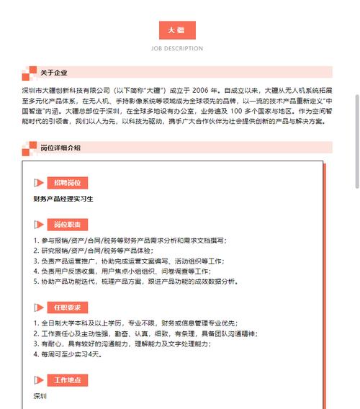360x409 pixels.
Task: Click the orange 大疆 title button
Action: pyautogui.click(x=176, y=30)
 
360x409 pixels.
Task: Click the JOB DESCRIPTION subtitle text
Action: pyautogui.click(x=176, y=49)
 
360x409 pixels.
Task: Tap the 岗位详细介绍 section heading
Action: pyautogui.click(x=60, y=148)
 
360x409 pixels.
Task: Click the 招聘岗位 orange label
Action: pyautogui.click(x=68, y=182)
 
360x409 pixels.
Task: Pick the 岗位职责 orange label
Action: pyautogui.click(x=68, y=223)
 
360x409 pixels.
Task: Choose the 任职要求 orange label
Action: pyautogui.click(x=68, y=307)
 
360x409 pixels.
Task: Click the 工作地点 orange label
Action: pyautogui.click(x=68, y=379)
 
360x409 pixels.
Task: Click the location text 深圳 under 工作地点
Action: pyautogui.click(x=40, y=396)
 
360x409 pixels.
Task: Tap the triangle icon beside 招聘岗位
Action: pyautogui.click(x=40, y=183)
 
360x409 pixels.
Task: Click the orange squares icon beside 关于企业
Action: pyautogui.click(x=29, y=72)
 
